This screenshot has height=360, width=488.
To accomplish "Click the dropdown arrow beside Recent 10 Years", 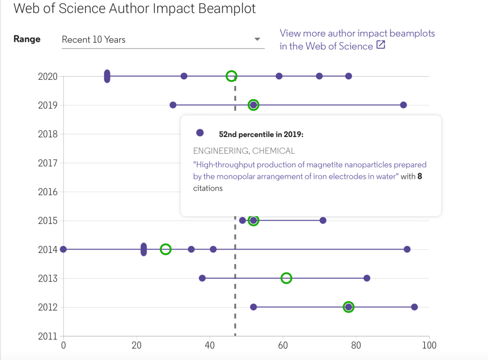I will tap(257, 39).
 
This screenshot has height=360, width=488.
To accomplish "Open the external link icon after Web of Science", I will tap(381, 46).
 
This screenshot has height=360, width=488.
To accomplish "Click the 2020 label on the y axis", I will tap(48, 76).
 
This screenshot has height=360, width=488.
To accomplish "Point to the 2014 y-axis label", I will tap(48, 250).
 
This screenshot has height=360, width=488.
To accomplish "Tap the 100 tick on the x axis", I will tap(429, 345).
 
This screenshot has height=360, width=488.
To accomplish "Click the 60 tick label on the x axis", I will tap(283, 345).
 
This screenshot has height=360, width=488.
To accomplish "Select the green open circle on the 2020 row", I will tap(231, 76).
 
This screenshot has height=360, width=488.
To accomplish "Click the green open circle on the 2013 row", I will tap(286, 278).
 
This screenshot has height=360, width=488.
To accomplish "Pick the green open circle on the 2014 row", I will tap(165, 249).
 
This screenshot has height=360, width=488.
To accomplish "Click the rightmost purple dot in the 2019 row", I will tap(403, 105).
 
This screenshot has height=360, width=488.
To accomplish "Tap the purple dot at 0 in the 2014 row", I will tap(63, 249).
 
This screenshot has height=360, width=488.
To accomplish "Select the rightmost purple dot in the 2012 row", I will tap(414, 307).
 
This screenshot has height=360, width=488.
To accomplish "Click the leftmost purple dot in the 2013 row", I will tap(202, 278).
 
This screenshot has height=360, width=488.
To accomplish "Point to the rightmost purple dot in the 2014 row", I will tap(407, 249).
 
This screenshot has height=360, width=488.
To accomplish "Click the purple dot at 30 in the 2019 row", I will tap(173, 105).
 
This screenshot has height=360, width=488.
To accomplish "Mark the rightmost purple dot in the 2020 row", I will tap(348, 76).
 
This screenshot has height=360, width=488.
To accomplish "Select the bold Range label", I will tap(27, 39).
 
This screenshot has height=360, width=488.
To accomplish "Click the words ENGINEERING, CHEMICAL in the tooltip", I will tap(244, 151).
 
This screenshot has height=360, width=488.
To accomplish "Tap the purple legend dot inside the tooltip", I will tap(200, 133).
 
